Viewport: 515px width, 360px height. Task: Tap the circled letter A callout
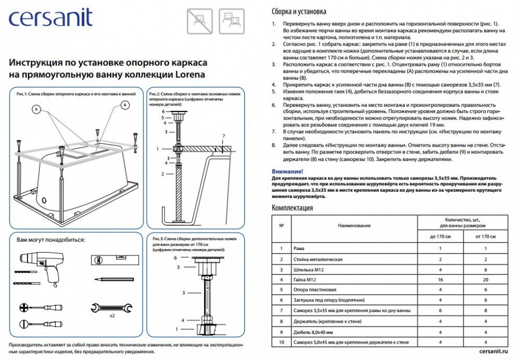pos(36,109)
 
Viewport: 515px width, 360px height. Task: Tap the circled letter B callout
pos(125,105)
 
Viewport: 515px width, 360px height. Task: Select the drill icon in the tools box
pos(38,265)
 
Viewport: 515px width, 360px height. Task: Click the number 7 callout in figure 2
pos(224,136)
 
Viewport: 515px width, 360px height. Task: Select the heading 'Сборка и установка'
pos(299,11)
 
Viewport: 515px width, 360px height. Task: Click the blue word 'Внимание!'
pos(287,172)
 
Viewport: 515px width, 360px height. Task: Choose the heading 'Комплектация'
pos(292,208)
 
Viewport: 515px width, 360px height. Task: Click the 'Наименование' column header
pos(354,226)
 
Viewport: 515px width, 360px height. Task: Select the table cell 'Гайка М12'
pos(305,280)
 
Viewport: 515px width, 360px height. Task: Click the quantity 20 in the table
pos(486,280)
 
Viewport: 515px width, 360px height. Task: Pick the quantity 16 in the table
pos(440,280)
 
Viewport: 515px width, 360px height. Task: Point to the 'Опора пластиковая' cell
pos(315,290)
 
